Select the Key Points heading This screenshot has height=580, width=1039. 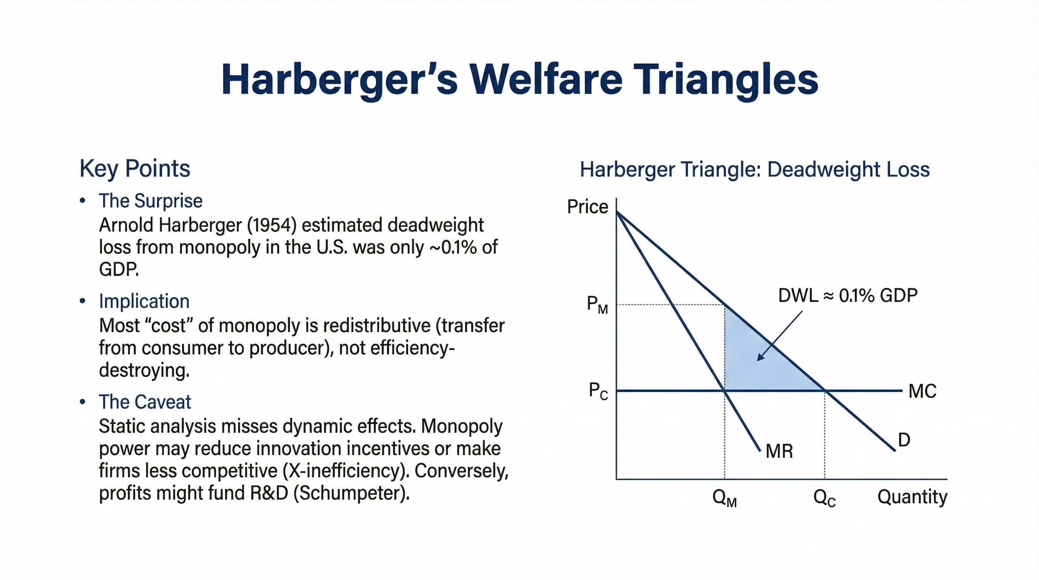tap(135, 168)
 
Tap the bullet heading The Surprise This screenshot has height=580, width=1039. tap(150, 201)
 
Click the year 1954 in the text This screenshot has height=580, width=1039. tap(271, 225)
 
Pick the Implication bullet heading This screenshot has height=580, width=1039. tap(144, 301)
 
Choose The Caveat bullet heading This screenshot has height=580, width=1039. tap(145, 402)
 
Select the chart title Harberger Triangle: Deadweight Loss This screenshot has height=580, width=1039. tap(755, 170)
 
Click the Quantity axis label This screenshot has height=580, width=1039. tap(913, 497)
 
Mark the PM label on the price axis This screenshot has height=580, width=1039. tap(597, 304)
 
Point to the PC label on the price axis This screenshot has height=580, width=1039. tap(598, 391)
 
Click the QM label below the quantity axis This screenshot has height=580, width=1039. tap(725, 498)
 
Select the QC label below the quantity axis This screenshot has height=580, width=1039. tap(825, 498)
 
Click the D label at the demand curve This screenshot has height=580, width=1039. tap(904, 440)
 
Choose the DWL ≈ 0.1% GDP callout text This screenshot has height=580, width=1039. tap(848, 296)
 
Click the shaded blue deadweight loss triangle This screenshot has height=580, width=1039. tap(758, 363)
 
